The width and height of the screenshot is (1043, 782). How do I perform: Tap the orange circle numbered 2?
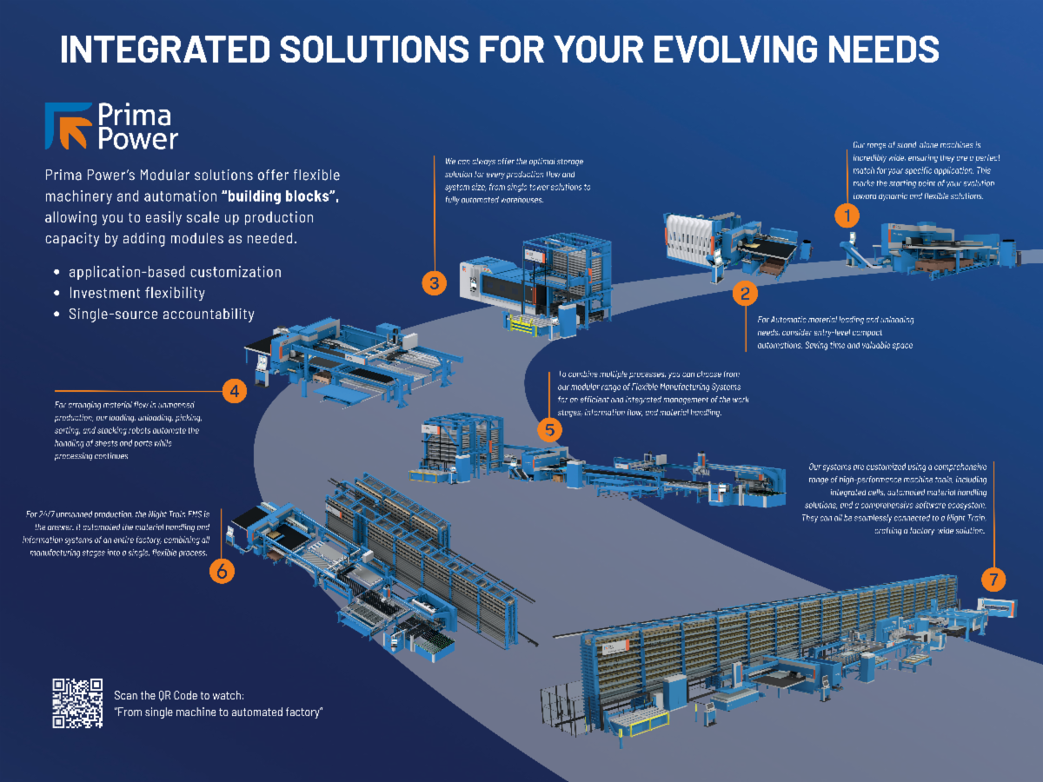pyautogui.click(x=745, y=294)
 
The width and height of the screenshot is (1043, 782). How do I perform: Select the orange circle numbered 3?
pyautogui.click(x=435, y=282)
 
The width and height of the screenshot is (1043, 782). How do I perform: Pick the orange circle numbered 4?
pyautogui.click(x=234, y=391)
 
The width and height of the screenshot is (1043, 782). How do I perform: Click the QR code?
pyautogui.click(x=77, y=703)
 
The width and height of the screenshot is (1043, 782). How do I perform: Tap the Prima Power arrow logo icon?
pyautogui.click(x=69, y=125)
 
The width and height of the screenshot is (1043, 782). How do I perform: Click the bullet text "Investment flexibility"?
pyautogui.click(x=136, y=293)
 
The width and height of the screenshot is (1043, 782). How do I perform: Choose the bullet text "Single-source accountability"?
pyautogui.click(x=162, y=314)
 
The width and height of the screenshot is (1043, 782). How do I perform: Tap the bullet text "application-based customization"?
pyautogui.click(x=175, y=272)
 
